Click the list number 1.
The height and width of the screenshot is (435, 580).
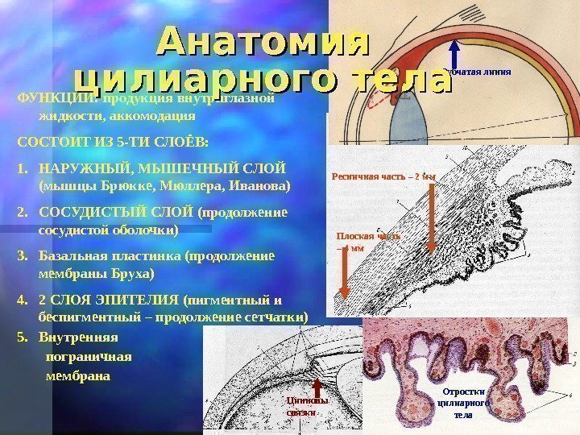(21, 169)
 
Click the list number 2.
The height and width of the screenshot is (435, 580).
(21, 213)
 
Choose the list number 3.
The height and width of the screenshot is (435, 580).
(21, 256)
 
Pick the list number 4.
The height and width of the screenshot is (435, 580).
(21, 300)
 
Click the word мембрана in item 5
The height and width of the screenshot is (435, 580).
(80, 375)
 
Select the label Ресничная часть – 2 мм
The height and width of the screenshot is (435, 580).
(383, 176)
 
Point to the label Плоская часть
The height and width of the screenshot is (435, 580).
(367, 237)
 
